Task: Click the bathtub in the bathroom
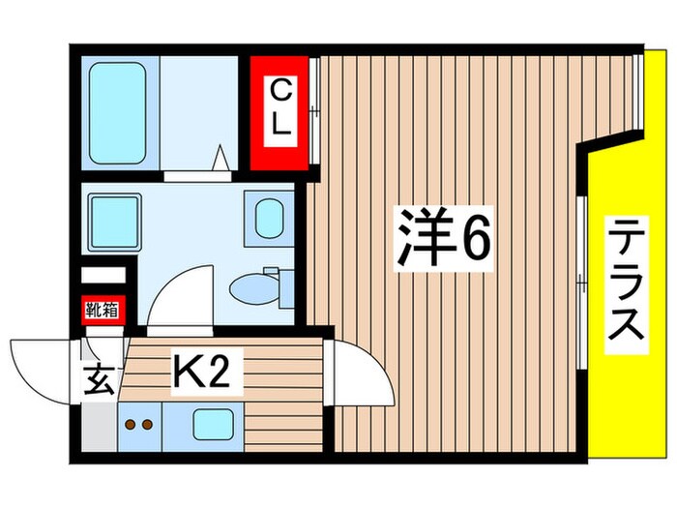[117, 111]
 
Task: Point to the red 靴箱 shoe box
[101, 310]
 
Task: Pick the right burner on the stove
[149, 423]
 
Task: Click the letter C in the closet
[280, 93]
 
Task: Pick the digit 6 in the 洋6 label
[474, 238]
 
